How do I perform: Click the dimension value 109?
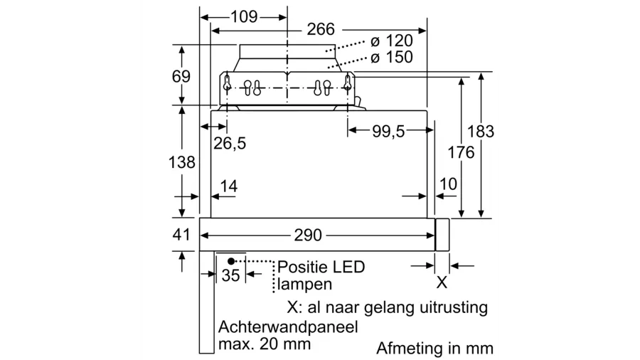pos(244,16)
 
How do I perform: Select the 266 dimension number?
pos(321,30)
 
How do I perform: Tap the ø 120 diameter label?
pos(391,41)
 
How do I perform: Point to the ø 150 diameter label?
pos(391,58)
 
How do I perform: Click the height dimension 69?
pos(181,76)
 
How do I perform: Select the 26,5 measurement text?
pos(230,144)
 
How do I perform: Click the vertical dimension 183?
pos(480,132)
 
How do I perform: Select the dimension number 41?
pos(182,235)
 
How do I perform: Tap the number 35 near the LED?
pos(231,275)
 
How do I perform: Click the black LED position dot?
pos(231,261)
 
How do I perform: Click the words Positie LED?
pos(321,268)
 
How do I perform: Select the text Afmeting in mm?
pos(434,349)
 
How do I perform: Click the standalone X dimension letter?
pos(441,282)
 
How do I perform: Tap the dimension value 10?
pos(448,184)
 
